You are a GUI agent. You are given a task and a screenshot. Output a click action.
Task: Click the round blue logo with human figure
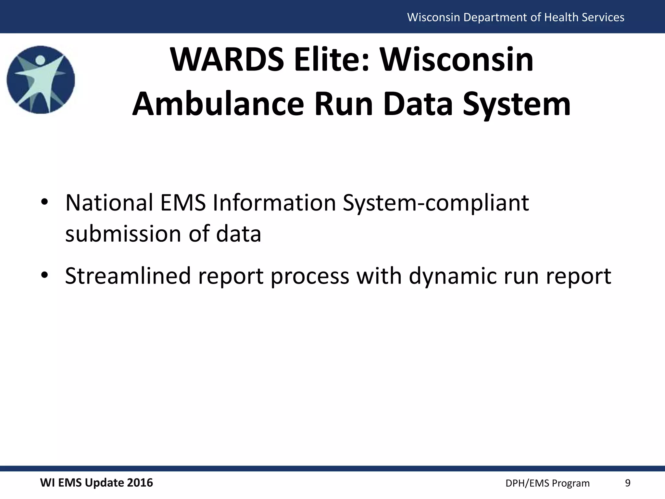point(41,80)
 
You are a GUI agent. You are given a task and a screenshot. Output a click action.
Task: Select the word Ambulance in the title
point(218,104)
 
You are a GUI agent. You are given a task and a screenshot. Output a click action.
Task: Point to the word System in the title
point(517,104)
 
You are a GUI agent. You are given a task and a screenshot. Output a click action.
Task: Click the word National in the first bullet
point(109,203)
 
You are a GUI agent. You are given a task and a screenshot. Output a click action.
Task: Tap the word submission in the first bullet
point(123,234)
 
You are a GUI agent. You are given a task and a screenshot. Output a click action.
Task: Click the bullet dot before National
point(44,202)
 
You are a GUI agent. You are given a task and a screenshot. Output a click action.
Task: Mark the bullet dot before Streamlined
point(44,275)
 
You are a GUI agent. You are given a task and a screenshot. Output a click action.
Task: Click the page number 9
point(628,483)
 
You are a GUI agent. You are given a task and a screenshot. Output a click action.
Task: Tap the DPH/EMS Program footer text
point(547,483)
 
